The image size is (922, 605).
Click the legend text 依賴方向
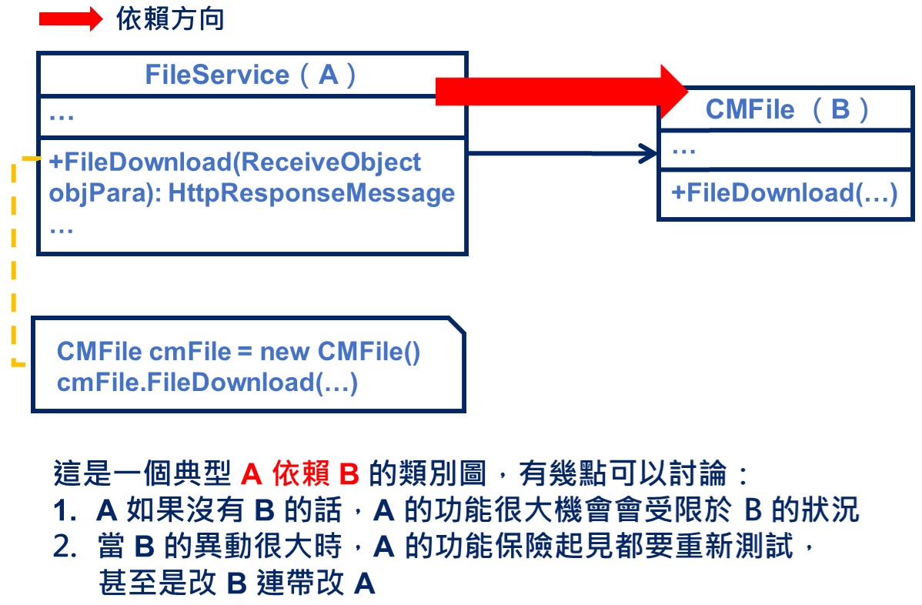pyautogui.click(x=170, y=19)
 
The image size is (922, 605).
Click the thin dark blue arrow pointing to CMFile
pyautogui.click(x=562, y=155)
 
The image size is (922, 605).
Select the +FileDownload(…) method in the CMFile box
pyautogui.click(x=784, y=192)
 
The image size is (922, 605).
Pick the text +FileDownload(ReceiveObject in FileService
pyautogui.click(x=236, y=162)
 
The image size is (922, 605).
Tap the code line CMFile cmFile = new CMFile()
pyautogui.click(x=239, y=352)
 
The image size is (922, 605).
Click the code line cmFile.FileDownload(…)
pyautogui.click(x=207, y=382)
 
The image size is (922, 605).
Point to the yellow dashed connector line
pyautogui.click(x=14, y=262)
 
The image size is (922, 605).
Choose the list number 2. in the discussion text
pyautogui.click(x=65, y=548)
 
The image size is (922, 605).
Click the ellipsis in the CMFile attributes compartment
pyautogui.click(x=684, y=149)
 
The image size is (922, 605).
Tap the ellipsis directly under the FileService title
pyautogui.click(x=61, y=117)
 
